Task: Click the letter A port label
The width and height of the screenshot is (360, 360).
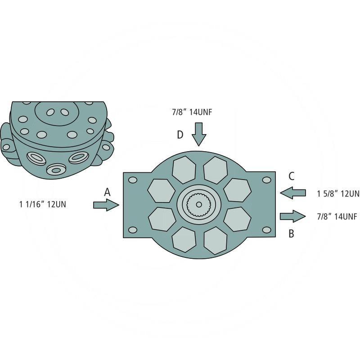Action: click(107, 192)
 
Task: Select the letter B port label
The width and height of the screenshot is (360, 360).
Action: click(291, 234)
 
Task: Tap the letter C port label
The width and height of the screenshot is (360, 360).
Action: click(291, 176)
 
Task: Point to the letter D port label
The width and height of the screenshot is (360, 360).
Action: click(180, 135)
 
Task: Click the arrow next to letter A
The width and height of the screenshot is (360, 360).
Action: click(106, 205)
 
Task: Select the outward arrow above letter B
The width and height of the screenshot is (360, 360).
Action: click(293, 216)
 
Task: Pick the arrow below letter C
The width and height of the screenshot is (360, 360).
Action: click(293, 193)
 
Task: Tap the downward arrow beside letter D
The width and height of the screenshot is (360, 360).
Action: click(199, 134)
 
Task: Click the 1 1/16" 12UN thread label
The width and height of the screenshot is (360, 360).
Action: click(43, 204)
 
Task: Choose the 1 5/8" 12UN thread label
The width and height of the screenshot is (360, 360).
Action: click(338, 194)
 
